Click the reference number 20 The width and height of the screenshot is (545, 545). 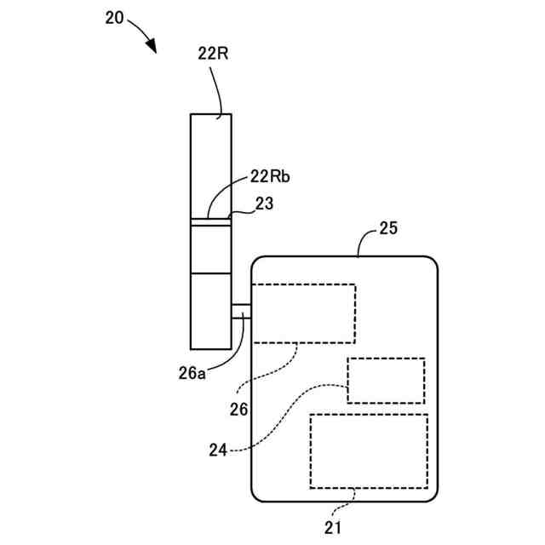pos(115,16)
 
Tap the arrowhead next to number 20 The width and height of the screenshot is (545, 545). pos(154,46)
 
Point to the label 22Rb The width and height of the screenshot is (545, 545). pos(270,176)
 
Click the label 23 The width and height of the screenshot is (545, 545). pos(266,204)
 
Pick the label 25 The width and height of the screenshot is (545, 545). pos(387,228)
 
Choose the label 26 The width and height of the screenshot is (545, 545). pos(238,409)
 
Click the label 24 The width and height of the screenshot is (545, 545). pos(217,450)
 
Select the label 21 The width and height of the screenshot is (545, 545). pos(333,527)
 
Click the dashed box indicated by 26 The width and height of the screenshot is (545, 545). pos(304,313)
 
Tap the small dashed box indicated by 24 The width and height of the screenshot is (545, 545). pos(385,381)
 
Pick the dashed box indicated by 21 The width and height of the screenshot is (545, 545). pos(369,450)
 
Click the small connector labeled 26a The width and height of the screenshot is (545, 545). pos(241,312)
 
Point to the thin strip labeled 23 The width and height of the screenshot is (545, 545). pos(210,221)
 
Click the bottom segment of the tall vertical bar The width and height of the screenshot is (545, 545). pos(210,310)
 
